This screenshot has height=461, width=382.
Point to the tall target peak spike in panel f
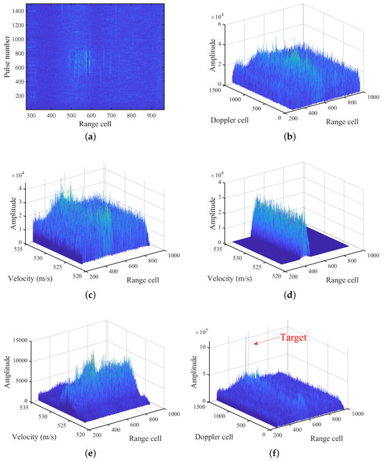tap(247, 347)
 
